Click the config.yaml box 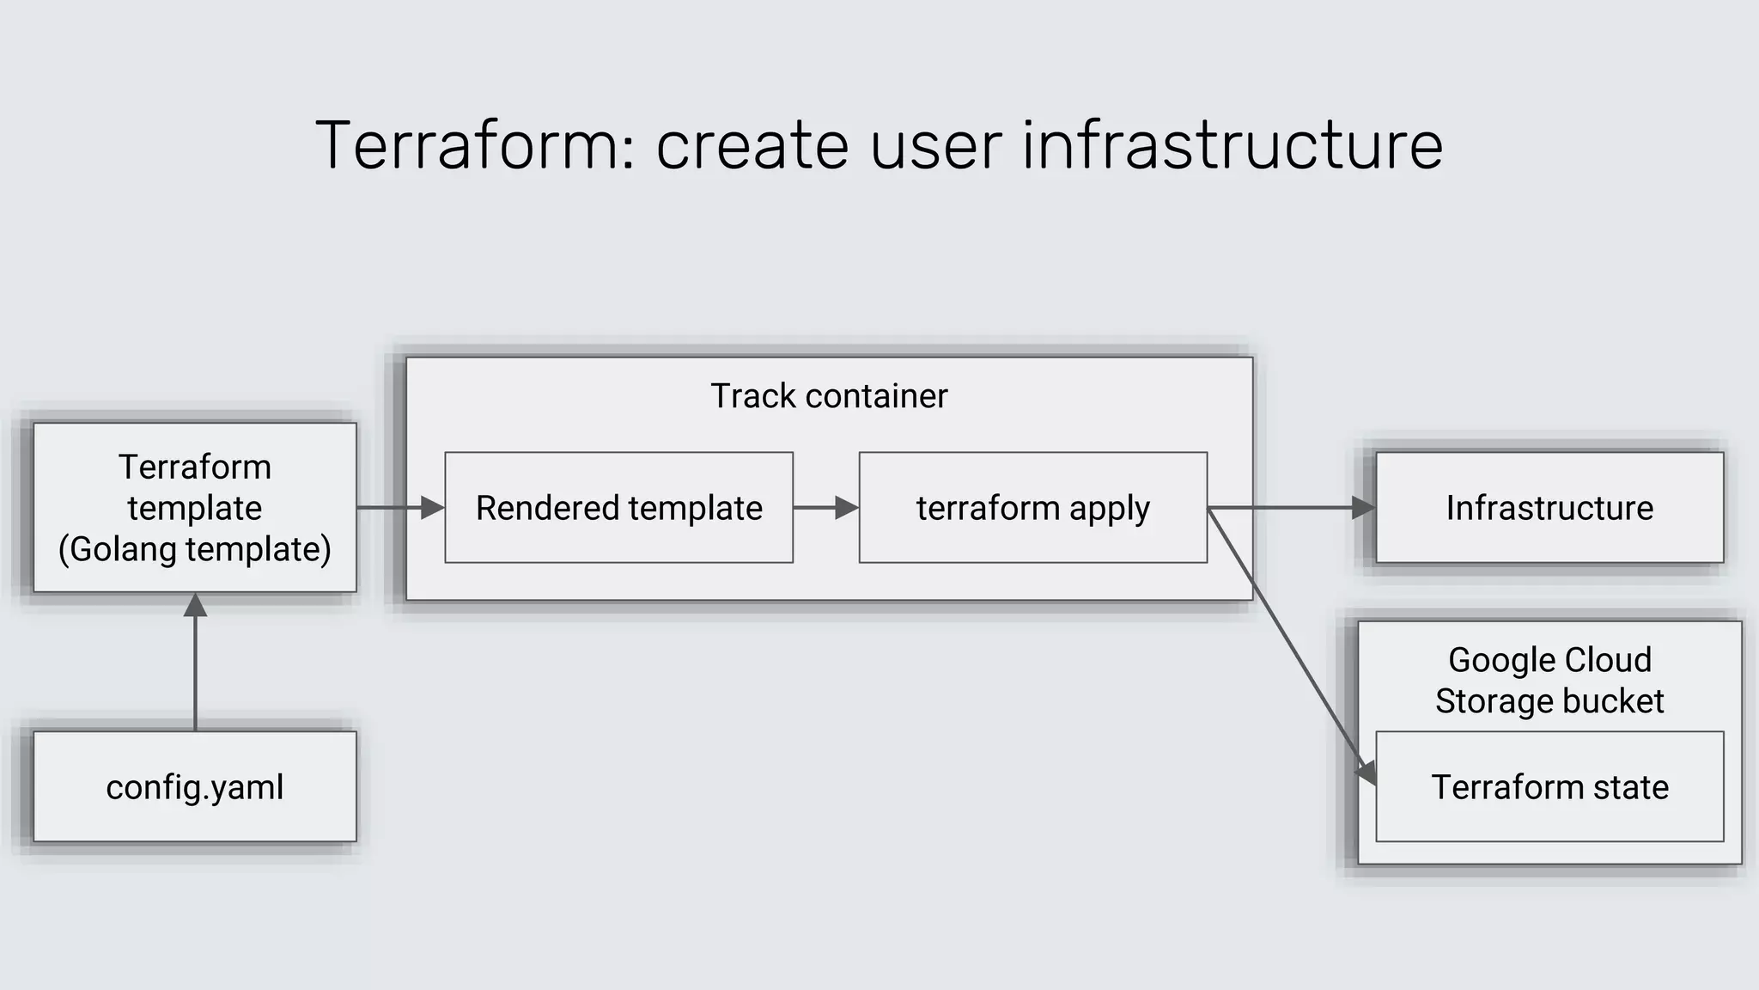(195, 786)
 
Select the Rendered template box (618, 508)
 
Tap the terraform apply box (1032, 508)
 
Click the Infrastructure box (1549, 508)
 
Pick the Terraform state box (1549, 786)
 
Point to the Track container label (829, 396)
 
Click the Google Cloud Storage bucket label (1549, 680)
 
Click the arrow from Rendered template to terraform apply (825, 508)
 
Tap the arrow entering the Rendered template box (400, 508)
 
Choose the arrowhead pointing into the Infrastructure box (1364, 508)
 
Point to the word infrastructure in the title (1233, 146)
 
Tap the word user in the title (935, 146)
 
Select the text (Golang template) (195, 550)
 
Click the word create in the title (752, 146)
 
